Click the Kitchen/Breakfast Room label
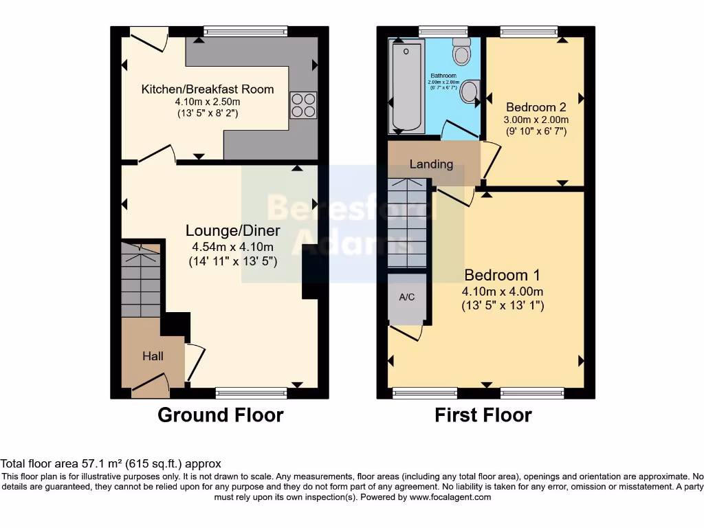coord(208,89)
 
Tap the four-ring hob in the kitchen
coord(303,104)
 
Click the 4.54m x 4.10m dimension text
coord(233,247)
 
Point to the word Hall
coord(153,356)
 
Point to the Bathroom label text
coord(443,76)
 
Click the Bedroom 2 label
coord(536,107)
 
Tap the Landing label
coord(431,164)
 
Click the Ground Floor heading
coord(220,415)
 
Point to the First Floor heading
coord(483,415)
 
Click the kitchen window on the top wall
coord(245,30)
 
